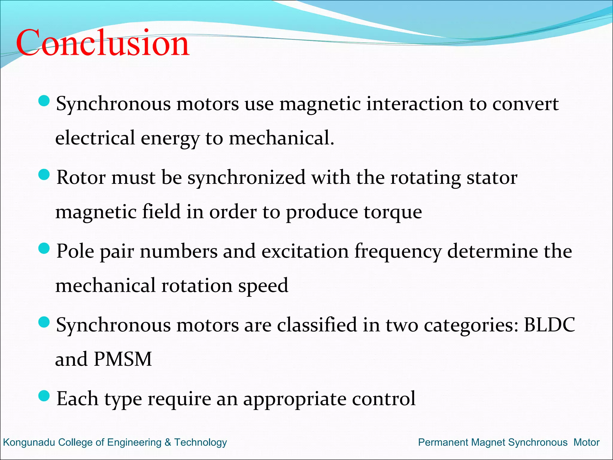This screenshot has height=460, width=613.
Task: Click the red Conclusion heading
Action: click(x=102, y=43)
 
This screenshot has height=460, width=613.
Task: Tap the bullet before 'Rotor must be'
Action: click(x=44, y=175)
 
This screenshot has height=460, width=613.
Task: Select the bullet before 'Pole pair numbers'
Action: click(x=44, y=248)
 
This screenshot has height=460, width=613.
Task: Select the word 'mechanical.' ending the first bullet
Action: click(x=281, y=138)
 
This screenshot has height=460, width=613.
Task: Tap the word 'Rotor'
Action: click(x=81, y=178)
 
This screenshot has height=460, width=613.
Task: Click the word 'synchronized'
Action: click(x=246, y=178)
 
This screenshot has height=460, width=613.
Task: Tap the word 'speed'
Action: click(x=263, y=286)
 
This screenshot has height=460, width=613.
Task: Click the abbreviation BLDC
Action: click(x=549, y=325)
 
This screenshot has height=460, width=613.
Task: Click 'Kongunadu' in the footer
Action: click(x=29, y=442)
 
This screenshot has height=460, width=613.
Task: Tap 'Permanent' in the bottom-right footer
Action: click(x=443, y=442)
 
